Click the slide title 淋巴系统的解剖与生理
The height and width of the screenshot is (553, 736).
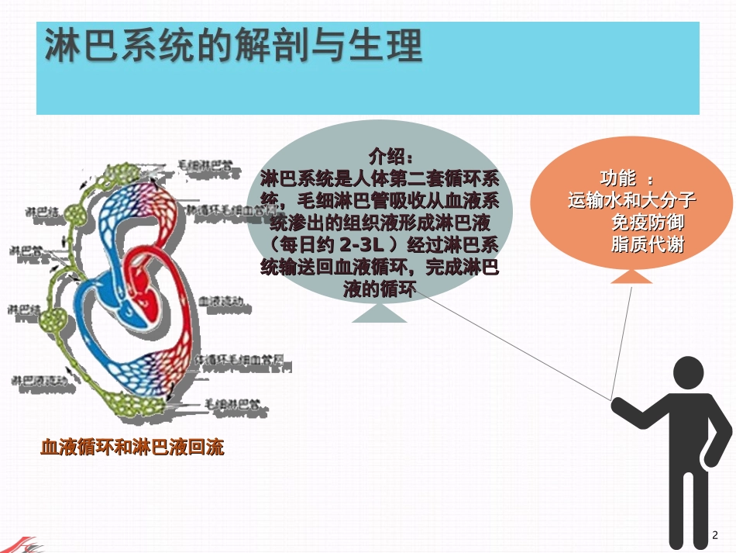point(233,46)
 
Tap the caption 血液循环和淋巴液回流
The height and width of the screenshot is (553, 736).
point(132,448)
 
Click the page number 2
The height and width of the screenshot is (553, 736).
point(715,534)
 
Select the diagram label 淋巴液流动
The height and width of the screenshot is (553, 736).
point(39,380)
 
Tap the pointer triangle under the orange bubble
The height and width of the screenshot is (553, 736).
point(633,277)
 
